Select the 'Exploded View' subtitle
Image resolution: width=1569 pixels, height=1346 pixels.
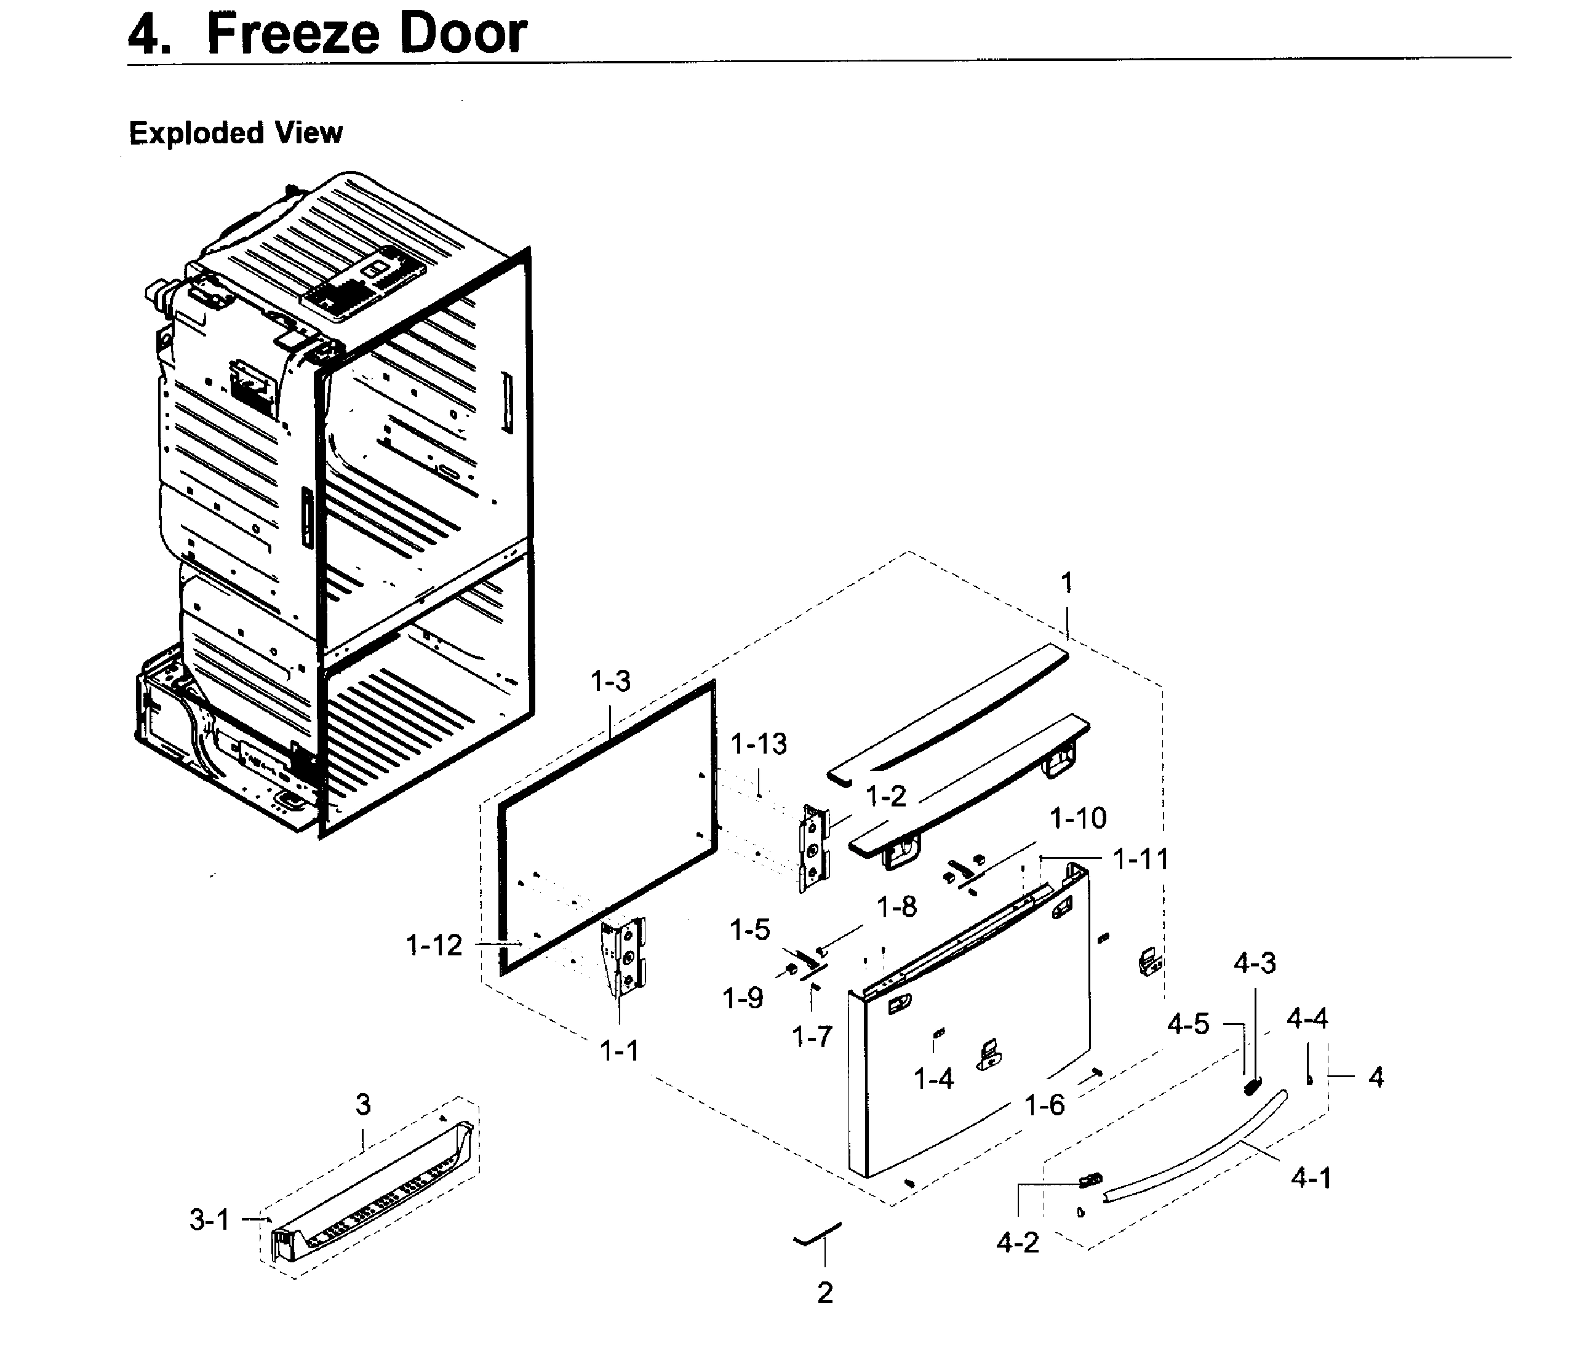click(236, 133)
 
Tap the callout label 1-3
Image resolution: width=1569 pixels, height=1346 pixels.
click(610, 682)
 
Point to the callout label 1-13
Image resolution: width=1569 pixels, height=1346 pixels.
click(758, 744)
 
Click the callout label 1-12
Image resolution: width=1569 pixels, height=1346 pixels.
click(433, 945)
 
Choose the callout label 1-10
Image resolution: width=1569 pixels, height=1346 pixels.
click(1077, 818)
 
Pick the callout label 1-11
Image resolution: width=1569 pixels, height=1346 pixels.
click(1140, 859)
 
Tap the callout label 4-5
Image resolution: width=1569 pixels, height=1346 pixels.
click(1188, 1025)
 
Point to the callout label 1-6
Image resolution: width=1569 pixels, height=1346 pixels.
click(1044, 1105)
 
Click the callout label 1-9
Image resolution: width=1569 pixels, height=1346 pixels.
click(743, 998)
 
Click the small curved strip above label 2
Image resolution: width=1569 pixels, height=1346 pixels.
click(818, 1234)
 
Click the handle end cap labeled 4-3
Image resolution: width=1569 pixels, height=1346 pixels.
click(1252, 1086)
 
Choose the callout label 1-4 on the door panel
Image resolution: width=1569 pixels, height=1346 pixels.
click(933, 1079)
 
